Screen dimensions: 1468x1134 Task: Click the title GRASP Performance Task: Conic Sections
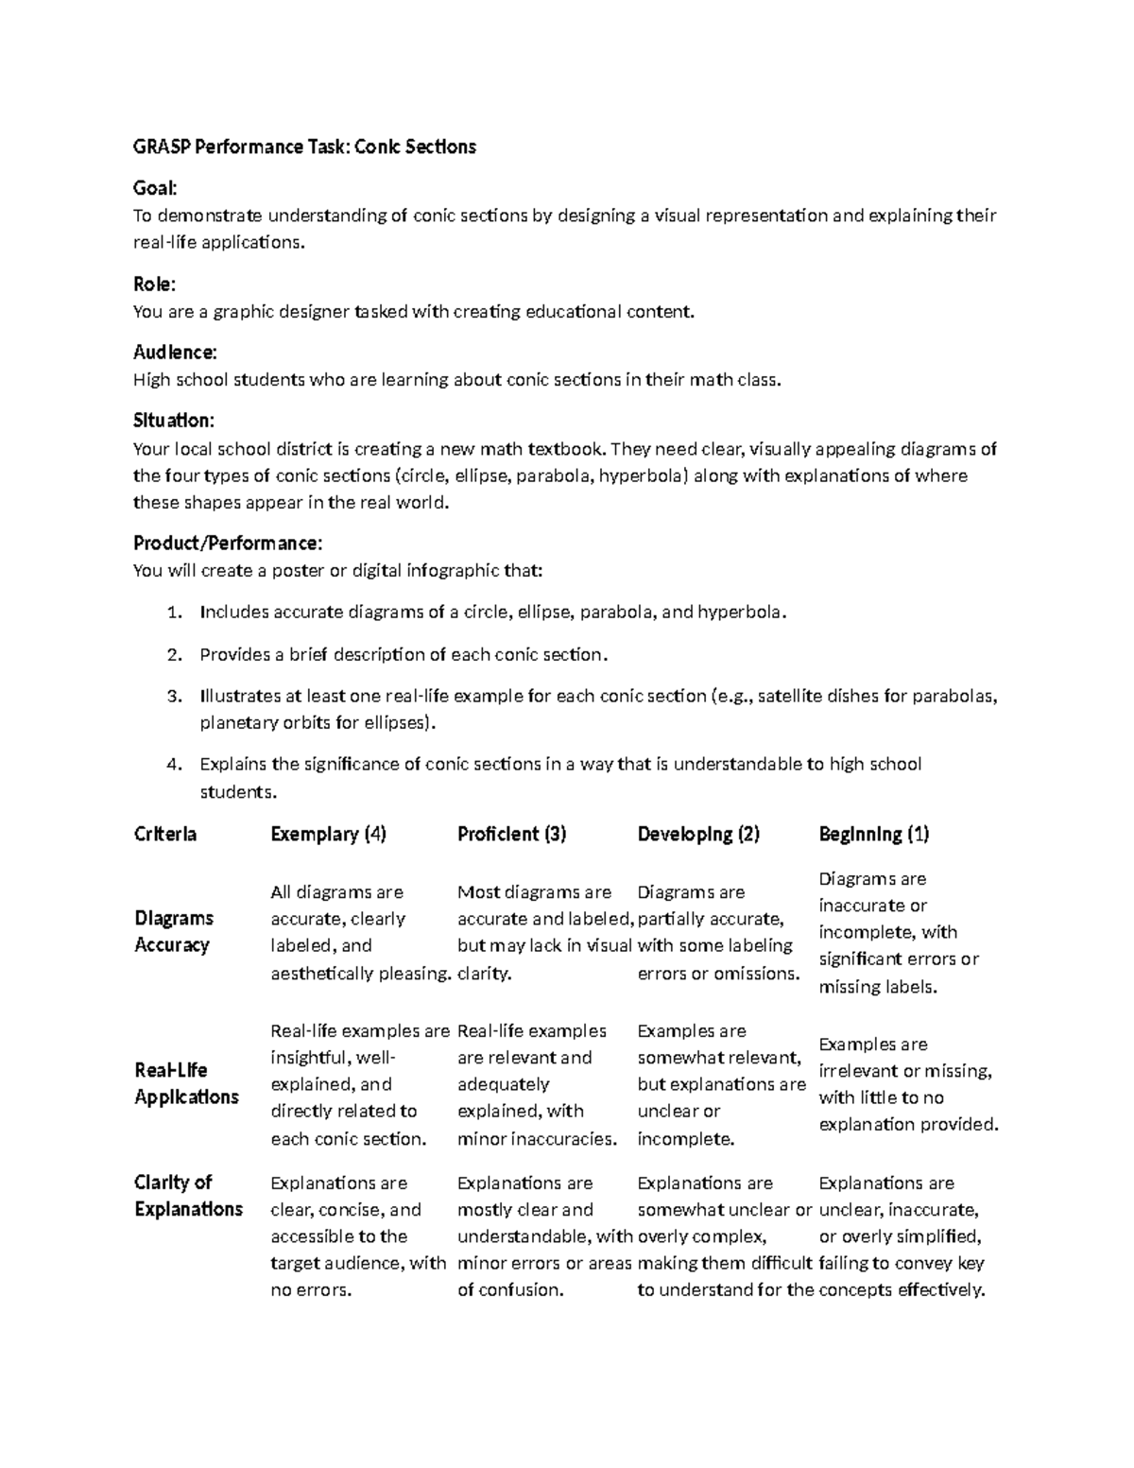coord(304,147)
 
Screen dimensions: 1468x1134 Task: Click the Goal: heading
coord(155,189)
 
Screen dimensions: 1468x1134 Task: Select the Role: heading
coord(154,285)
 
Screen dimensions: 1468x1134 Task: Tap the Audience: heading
coord(175,353)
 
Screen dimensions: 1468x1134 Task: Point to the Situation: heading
coord(174,420)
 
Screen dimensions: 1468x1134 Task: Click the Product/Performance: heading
coord(228,544)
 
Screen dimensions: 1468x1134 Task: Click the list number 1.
coord(172,613)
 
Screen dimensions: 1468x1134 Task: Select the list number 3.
coord(172,697)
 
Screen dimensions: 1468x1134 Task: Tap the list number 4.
coord(172,764)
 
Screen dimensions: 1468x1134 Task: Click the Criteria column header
coord(165,834)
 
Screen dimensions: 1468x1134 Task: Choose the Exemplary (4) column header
coord(328,834)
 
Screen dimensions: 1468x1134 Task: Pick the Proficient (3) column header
coord(511,834)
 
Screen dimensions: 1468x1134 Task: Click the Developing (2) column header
coord(698,834)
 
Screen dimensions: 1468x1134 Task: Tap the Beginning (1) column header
coord(874,834)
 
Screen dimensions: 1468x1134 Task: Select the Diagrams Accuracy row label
coord(174,931)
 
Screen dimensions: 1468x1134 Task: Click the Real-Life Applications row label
coord(186,1083)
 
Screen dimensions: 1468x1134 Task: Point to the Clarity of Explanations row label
coord(188,1196)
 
